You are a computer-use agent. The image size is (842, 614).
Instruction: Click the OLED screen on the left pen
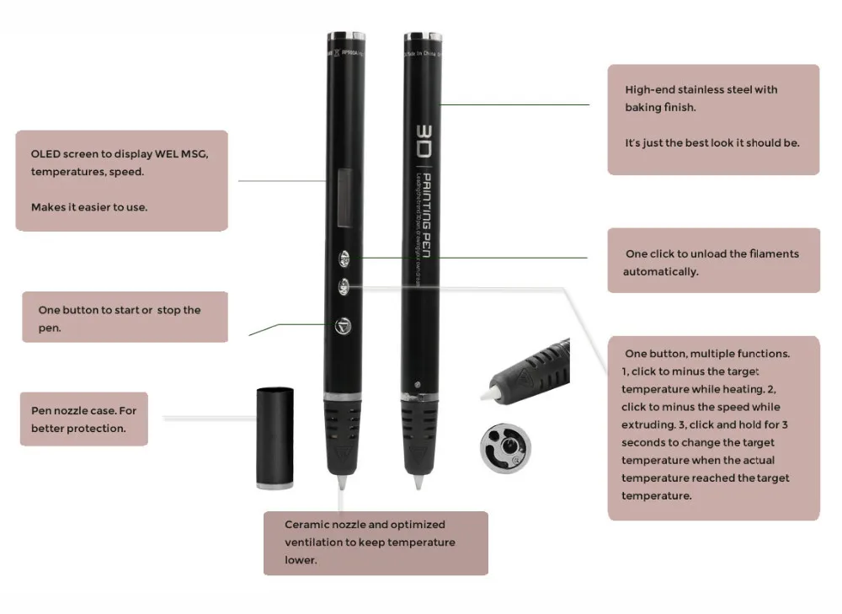pos(345,198)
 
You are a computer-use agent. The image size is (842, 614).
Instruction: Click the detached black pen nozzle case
pos(274,435)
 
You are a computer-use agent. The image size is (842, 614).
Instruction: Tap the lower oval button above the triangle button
pos(345,286)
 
